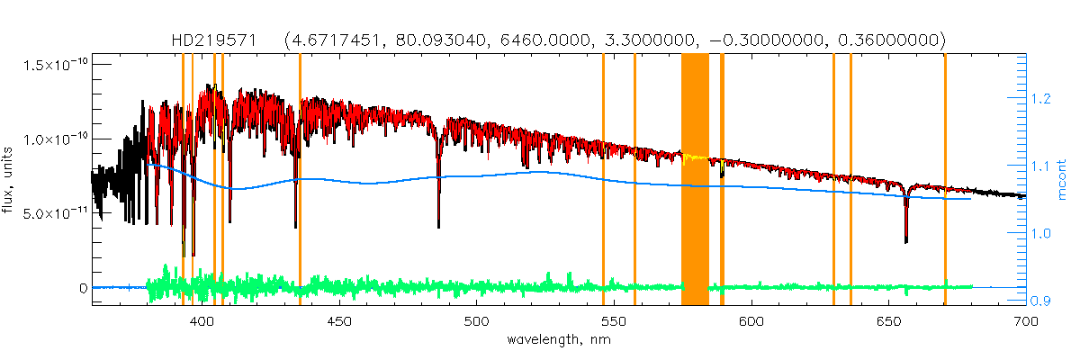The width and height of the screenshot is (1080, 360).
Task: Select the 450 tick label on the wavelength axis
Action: pos(339,320)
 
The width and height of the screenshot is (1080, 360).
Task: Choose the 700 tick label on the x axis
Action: pos(1025,320)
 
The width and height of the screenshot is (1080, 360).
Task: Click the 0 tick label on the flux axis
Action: pos(82,288)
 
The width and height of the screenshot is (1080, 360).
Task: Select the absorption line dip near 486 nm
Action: pos(438,220)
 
